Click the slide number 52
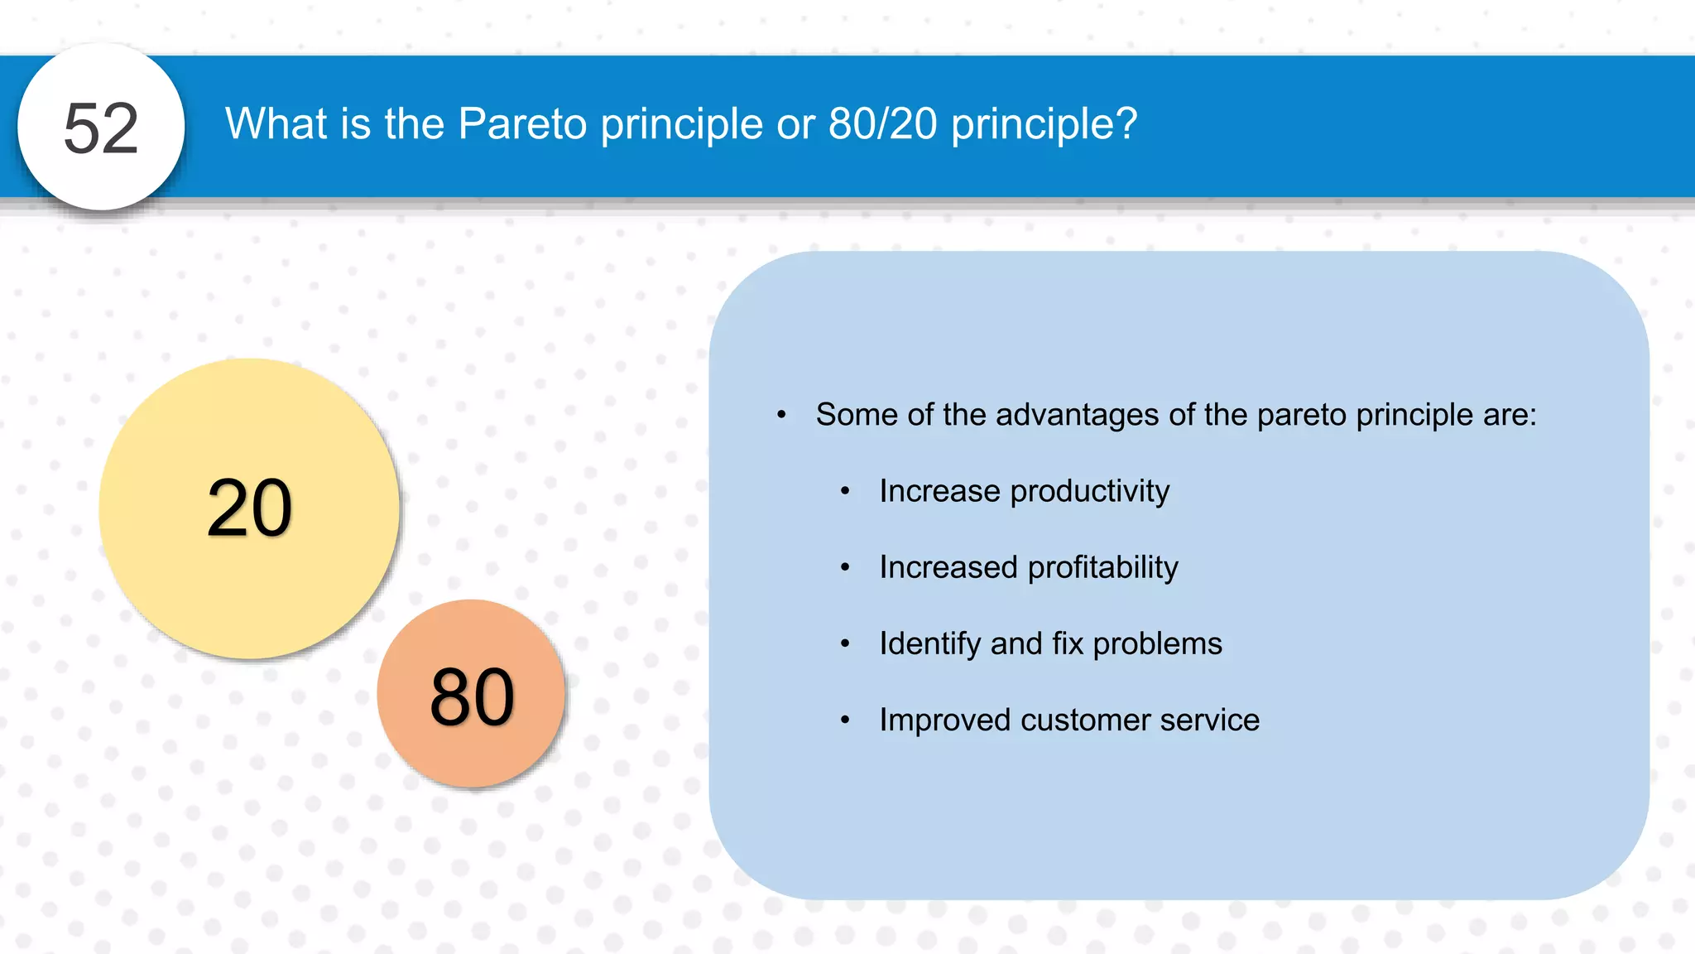pos(101,128)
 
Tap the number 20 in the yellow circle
pos(249,508)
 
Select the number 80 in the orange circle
pos(472,697)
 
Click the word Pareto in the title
pos(522,124)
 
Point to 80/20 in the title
pos(882,124)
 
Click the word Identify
pos(930,644)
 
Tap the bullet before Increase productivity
pos(845,492)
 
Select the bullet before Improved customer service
pos(845,720)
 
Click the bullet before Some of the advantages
pos(781,415)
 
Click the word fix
pos(1068,644)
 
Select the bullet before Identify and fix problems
pos(845,644)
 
